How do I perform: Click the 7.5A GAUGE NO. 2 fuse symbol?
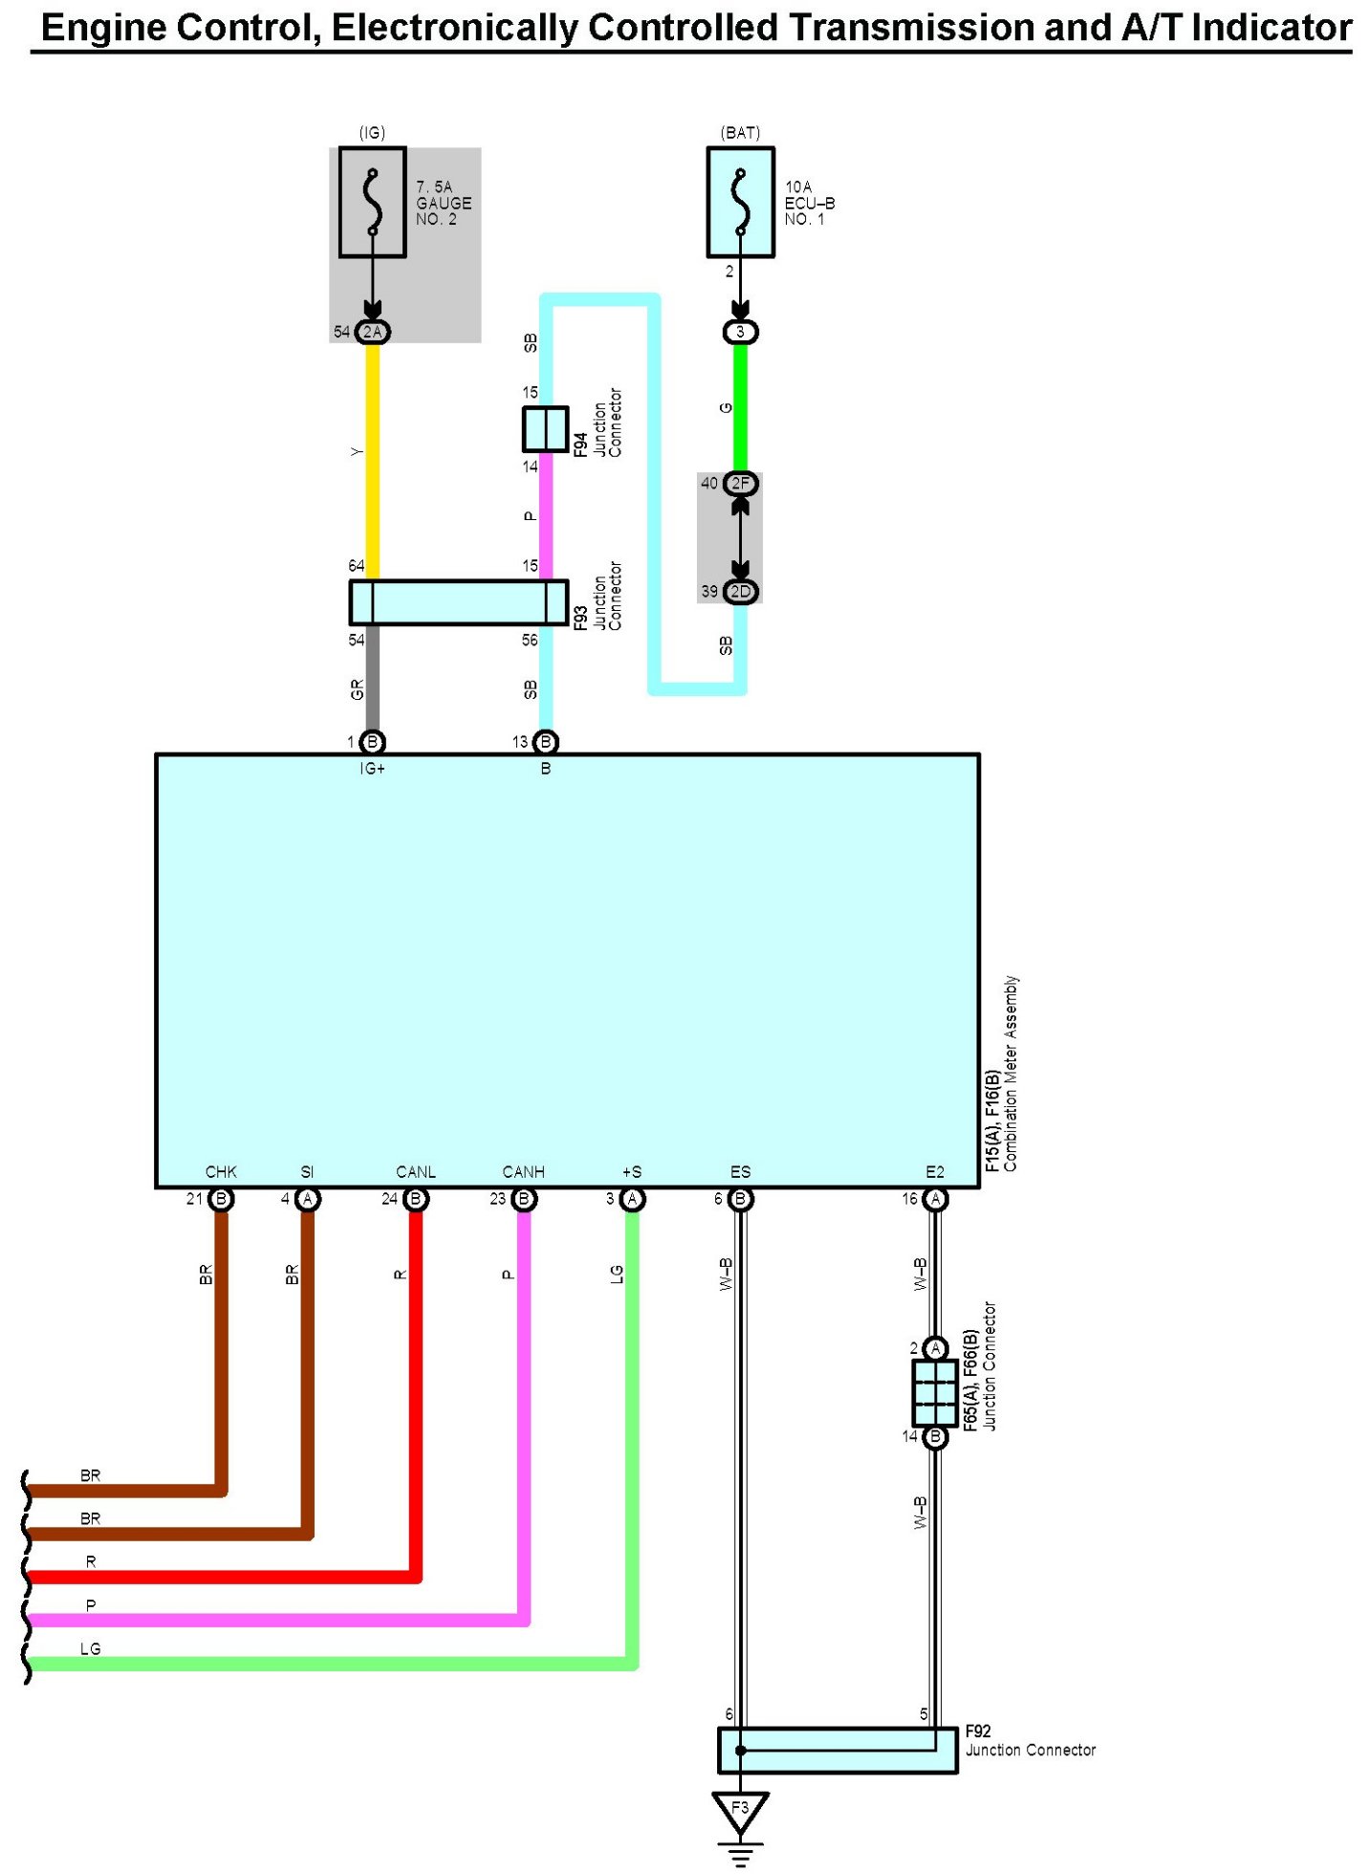pyautogui.click(x=372, y=202)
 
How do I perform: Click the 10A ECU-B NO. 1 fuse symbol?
pyautogui.click(x=739, y=202)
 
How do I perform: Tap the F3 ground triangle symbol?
pyautogui.click(x=739, y=1809)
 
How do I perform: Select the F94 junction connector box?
pyautogui.click(x=545, y=429)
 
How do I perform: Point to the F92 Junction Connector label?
pyautogui.click(x=1029, y=1740)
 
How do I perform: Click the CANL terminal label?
pyautogui.click(x=415, y=1171)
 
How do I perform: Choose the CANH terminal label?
pyautogui.click(x=523, y=1171)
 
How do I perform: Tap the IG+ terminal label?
pyautogui.click(x=372, y=769)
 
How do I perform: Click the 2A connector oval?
pyautogui.click(x=372, y=332)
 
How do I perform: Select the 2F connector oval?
pyautogui.click(x=740, y=484)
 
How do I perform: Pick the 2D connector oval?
pyautogui.click(x=740, y=592)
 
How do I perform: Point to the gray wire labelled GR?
pyautogui.click(x=373, y=679)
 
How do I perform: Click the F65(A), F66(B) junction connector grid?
pyautogui.click(x=934, y=1392)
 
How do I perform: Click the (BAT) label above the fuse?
pyautogui.click(x=740, y=133)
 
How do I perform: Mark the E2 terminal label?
pyautogui.click(x=934, y=1171)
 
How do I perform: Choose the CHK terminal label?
pyautogui.click(x=221, y=1171)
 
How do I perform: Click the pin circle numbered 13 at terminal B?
pyautogui.click(x=545, y=742)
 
